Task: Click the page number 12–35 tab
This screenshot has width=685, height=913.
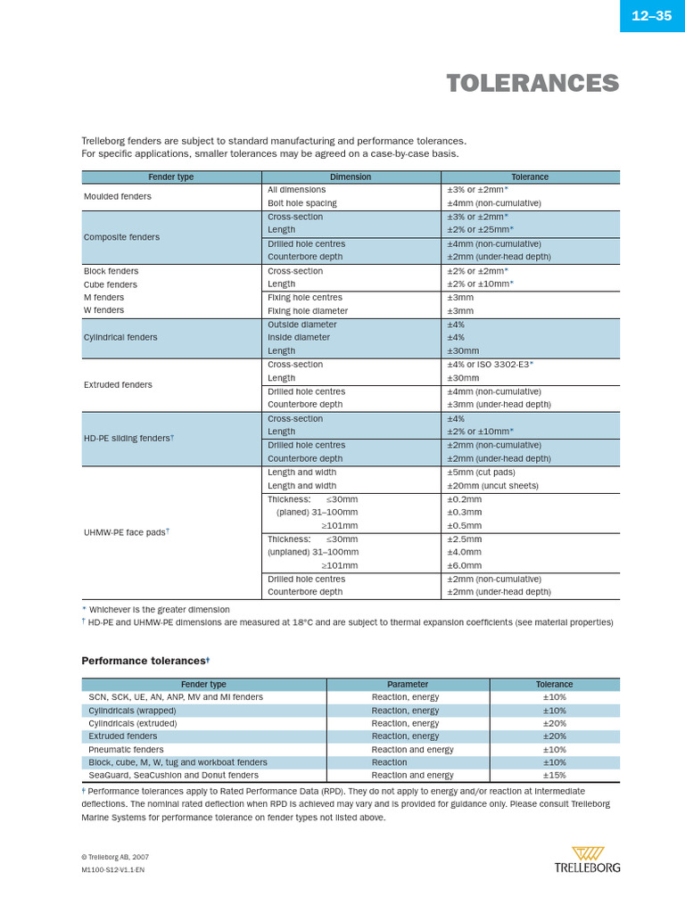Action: (x=651, y=16)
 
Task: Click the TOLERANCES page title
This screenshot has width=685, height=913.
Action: (x=532, y=84)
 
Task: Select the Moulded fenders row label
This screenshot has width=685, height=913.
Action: (x=118, y=196)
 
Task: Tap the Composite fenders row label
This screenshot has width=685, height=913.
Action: (x=122, y=237)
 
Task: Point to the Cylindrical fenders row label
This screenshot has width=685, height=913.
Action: (x=120, y=337)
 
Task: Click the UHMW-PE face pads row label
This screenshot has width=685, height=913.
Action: (x=126, y=532)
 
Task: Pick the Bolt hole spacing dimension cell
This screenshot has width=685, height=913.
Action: (x=302, y=203)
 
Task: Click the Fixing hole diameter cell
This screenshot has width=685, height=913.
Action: (x=308, y=311)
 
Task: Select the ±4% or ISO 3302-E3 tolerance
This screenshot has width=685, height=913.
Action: (x=490, y=365)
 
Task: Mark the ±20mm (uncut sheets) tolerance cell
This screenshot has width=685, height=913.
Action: (x=491, y=486)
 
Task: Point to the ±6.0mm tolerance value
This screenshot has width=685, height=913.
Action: (x=464, y=565)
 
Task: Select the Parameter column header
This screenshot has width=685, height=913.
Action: (x=408, y=685)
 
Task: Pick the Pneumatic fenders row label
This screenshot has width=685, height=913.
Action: (x=126, y=750)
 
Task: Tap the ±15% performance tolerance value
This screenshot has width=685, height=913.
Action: (x=554, y=776)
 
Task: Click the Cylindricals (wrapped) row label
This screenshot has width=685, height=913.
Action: (x=132, y=711)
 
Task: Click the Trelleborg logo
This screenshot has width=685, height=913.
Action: (x=587, y=860)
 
